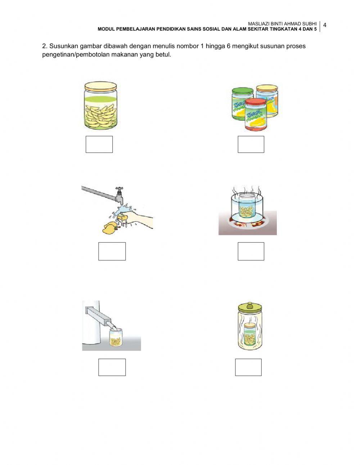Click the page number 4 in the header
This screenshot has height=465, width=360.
[325, 25]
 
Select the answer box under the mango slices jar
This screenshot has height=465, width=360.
[99, 144]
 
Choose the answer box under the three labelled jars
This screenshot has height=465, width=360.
[251, 144]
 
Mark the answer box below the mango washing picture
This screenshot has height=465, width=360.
[112, 251]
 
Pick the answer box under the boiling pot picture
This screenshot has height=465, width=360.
[251, 251]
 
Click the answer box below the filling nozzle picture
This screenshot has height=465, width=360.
[112, 367]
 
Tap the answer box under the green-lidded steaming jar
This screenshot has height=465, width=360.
[248, 367]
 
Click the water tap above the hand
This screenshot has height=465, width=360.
[119, 195]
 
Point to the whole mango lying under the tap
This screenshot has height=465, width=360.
[109, 228]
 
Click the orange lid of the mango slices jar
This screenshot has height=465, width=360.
[101, 86]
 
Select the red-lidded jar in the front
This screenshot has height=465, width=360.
[255, 115]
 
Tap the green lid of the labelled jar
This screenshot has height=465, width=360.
[243, 91]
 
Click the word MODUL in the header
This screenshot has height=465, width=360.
[106, 29]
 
